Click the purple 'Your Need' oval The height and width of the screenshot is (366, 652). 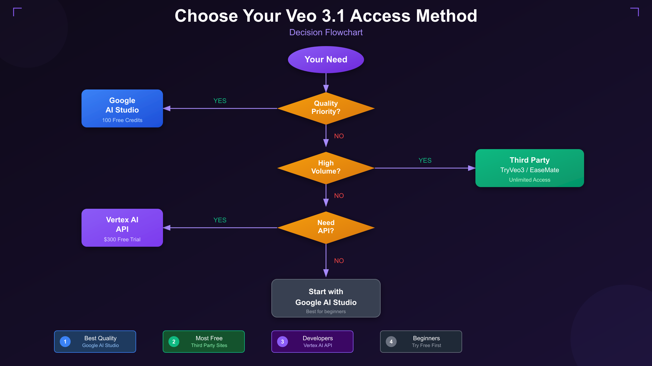326,59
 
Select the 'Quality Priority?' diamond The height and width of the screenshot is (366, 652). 326,108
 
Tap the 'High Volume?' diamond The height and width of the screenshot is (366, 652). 326,168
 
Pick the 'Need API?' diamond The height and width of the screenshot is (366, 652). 326,227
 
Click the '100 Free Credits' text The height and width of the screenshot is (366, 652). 122,120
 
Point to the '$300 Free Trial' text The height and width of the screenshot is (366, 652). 122,239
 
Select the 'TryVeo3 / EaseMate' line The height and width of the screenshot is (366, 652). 529,170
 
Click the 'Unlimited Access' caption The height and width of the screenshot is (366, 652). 529,180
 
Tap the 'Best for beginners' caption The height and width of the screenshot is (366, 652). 326,312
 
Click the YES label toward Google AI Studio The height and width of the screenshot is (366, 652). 220,101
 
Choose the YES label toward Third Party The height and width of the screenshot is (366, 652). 425,160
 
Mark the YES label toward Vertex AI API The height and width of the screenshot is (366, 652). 220,220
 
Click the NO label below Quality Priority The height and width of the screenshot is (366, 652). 339,136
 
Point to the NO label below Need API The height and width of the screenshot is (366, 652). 339,261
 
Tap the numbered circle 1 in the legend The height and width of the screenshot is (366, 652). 65,342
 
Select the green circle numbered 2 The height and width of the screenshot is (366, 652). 174,342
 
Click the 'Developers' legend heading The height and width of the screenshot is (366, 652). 318,338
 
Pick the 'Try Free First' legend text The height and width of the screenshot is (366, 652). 426,345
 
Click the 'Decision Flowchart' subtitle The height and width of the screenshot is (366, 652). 326,32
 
